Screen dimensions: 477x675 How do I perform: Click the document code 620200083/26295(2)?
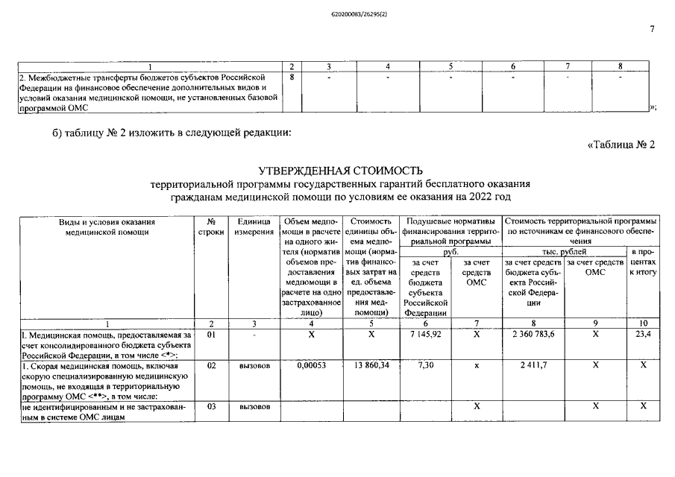point(337,12)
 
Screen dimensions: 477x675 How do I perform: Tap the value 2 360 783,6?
point(533,336)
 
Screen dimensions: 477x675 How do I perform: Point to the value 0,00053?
point(312,367)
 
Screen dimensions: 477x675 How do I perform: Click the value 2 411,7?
point(533,367)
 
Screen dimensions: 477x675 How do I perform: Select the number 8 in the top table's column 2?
point(292,77)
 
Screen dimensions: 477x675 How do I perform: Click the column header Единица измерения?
point(254,227)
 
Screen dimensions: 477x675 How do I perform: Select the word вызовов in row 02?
point(254,367)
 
